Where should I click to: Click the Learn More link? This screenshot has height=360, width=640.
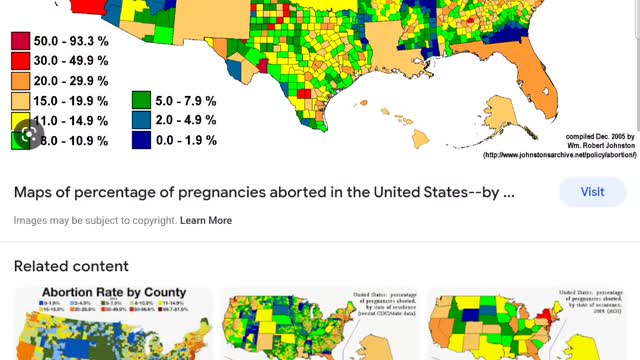click(x=206, y=220)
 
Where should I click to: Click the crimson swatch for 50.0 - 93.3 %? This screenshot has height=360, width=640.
click(x=19, y=42)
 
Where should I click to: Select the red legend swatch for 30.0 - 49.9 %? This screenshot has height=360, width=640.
click(x=19, y=61)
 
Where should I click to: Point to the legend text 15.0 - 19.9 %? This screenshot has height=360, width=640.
click(x=65, y=101)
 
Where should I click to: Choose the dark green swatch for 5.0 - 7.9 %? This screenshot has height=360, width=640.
click(x=142, y=101)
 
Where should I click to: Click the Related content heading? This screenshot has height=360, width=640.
click(x=71, y=266)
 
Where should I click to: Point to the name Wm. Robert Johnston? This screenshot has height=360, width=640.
click(x=595, y=146)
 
